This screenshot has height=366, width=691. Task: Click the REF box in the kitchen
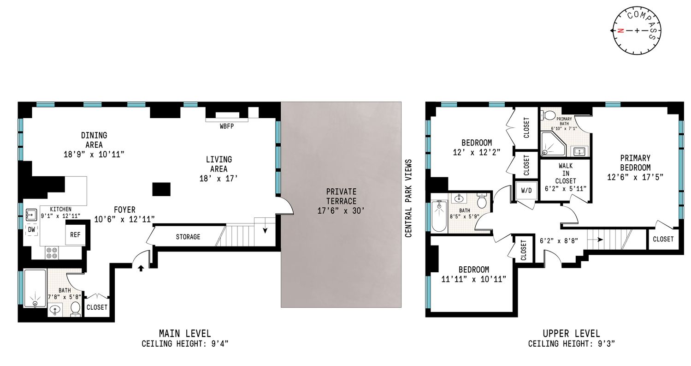click(x=75, y=234)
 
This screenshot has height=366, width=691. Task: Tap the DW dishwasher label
click(x=31, y=229)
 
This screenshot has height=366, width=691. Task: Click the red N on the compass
click(x=620, y=31)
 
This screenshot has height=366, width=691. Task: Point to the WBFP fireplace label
click(x=226, y=126)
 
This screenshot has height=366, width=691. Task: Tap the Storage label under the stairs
click(x=188, y=237)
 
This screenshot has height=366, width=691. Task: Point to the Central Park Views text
click(x=408, y=198)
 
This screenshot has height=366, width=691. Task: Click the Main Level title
click(x=185, y=333)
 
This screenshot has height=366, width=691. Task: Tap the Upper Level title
click(x=571, y=333)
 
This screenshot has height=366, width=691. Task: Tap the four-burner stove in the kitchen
click(x=51, y=252)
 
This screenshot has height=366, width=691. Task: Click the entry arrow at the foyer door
click(x=141, y=268)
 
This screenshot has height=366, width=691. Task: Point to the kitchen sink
click(x=31, y=214)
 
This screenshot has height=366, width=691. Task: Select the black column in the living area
click(x=161, y=190)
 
